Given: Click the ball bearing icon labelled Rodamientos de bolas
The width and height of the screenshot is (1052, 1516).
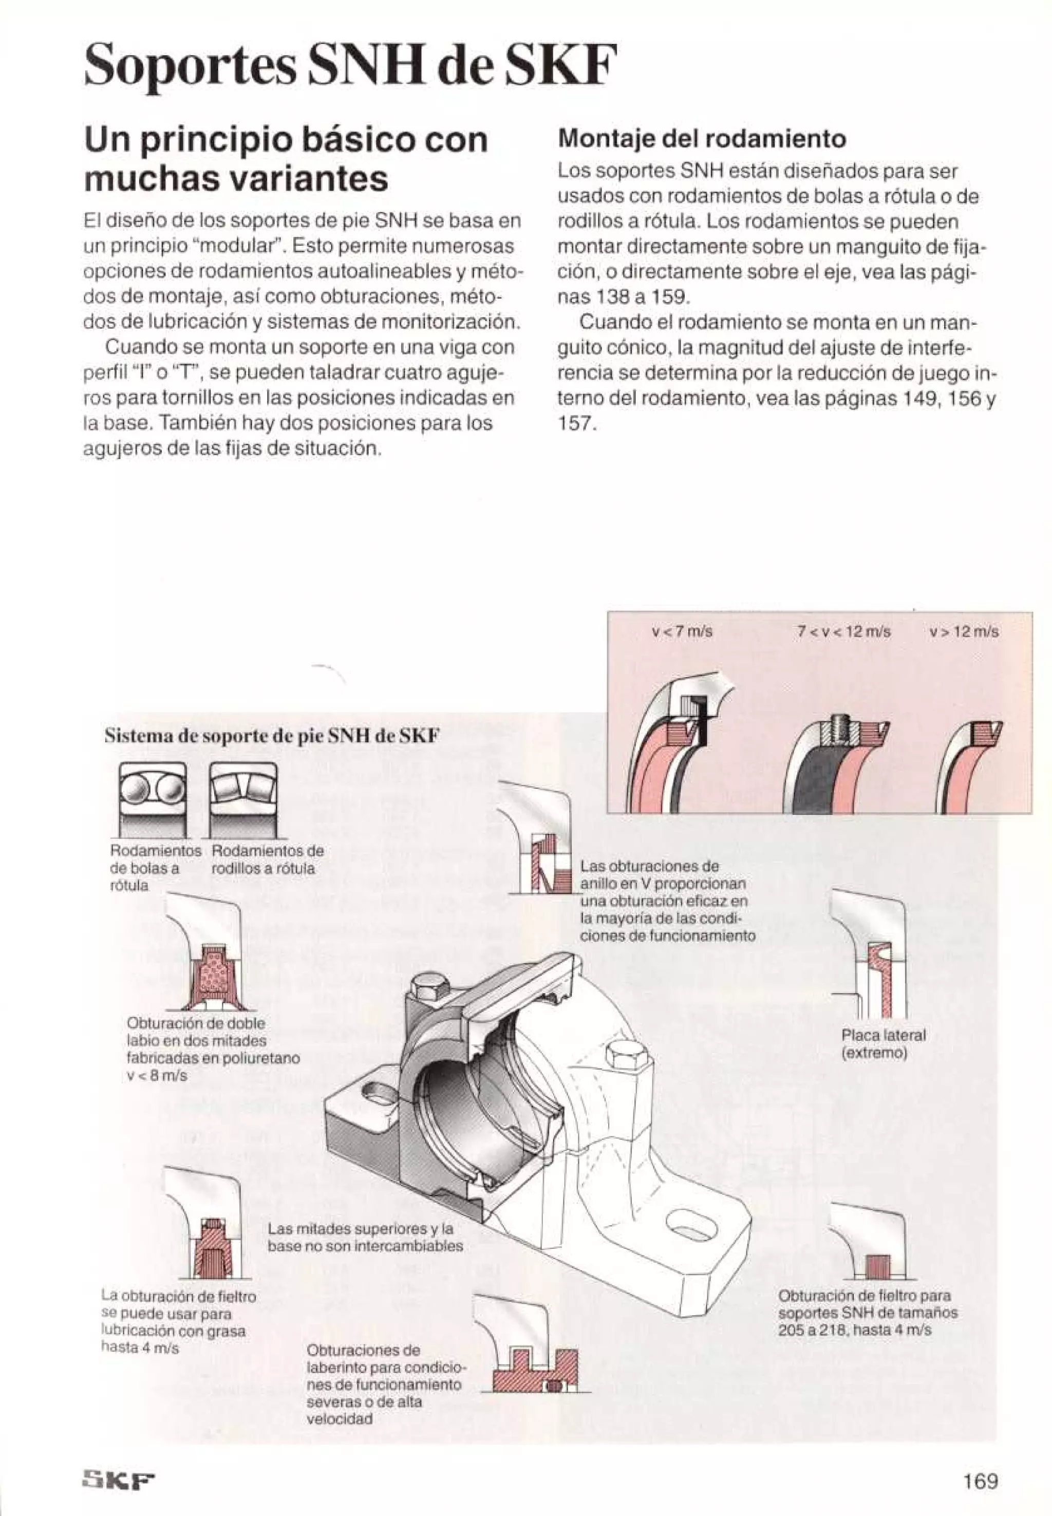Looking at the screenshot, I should coord(152,799).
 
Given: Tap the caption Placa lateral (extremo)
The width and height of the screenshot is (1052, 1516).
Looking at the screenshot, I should coord(883,1043).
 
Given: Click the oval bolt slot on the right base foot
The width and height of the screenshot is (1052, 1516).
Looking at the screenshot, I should coord(691,1224).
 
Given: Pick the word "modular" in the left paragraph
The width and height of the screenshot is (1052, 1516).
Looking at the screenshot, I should coord(238,246).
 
